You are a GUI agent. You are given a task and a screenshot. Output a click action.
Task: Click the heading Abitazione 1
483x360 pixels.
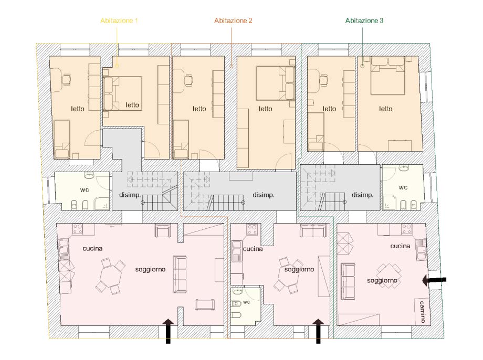[119, 20]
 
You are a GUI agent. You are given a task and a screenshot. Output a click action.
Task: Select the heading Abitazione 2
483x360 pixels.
[233, 20]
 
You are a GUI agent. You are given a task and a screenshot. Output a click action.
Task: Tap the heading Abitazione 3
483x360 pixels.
[364, 20]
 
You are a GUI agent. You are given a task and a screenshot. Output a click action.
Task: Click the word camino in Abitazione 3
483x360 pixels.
[422, 312]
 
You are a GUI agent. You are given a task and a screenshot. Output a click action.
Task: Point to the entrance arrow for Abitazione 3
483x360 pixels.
[434, 280]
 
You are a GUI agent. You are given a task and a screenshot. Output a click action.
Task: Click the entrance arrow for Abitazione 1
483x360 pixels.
[168, 331]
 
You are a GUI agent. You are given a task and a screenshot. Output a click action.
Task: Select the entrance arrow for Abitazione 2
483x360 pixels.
[318, 331]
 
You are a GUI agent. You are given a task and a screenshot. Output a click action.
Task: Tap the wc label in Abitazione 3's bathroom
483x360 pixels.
[403, 187]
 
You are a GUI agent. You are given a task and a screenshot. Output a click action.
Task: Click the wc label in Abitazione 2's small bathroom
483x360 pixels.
[246, 302]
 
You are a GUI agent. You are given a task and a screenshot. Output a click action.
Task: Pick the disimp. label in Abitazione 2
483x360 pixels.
[263, 195]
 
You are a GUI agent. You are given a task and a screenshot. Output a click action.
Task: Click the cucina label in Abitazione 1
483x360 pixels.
[92, 249]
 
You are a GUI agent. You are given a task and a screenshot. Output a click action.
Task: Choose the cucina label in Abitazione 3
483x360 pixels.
[400, 246]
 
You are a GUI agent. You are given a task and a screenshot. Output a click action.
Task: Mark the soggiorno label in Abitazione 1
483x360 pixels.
[150, 269]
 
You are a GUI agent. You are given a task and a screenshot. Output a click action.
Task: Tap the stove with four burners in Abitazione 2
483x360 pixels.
[252, 229]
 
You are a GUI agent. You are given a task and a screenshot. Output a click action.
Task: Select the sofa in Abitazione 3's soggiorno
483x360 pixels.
[348, 281]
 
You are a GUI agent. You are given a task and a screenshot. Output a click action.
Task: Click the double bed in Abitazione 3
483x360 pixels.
[388, 76]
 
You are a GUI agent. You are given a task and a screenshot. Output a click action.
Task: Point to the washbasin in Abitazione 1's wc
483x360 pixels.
[89, 176]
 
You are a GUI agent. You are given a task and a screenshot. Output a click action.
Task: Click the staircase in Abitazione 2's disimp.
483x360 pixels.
[226, 203]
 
